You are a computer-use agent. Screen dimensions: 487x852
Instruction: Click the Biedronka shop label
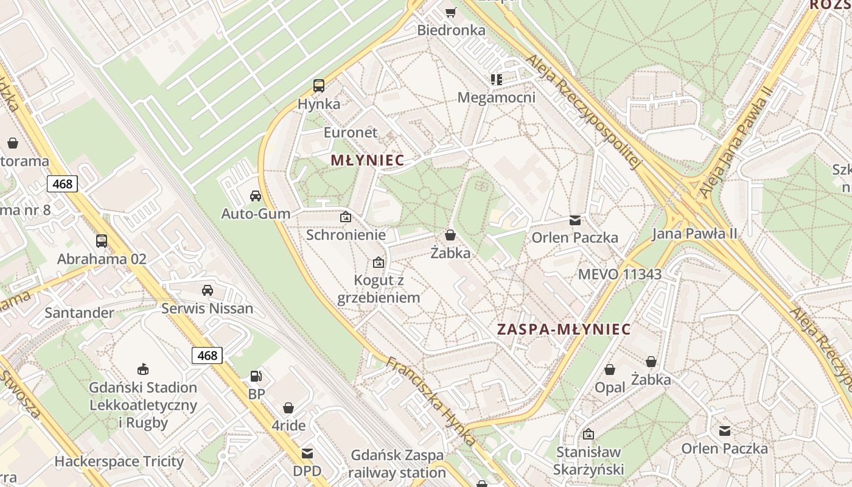451,30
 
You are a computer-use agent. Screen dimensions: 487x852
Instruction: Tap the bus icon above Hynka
319,86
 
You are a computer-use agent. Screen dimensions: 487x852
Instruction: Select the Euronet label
351,133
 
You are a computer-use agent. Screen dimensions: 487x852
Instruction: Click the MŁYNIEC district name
367,161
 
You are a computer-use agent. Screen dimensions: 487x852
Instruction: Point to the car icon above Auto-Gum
256,196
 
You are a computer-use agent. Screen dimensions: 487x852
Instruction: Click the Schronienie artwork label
346,235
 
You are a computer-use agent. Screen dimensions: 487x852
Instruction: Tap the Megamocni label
496,98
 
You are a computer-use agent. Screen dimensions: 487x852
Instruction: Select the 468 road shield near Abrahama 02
62,184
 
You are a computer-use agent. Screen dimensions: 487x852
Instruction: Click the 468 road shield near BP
207,356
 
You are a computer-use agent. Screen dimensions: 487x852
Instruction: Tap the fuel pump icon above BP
257,376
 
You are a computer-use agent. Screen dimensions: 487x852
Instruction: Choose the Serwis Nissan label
207,309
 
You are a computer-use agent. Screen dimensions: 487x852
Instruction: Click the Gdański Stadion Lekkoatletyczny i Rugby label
144,405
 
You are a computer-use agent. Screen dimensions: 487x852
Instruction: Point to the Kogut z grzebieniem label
379,289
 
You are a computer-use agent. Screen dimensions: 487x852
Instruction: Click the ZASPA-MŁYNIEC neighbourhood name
564,329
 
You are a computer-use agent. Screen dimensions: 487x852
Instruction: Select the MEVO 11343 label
620,275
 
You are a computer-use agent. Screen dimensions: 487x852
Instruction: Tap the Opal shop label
610,388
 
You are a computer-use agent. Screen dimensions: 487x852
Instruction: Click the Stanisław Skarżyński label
588,461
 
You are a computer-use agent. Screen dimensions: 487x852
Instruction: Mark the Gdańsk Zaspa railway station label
398,464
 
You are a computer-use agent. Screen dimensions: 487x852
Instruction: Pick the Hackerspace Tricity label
119,462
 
